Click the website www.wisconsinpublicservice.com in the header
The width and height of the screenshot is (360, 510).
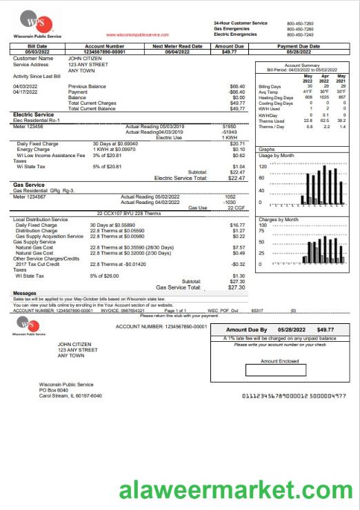tap(137, 34)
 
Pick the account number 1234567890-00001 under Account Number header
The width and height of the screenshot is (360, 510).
tap(104, 52)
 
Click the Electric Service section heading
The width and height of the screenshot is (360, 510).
tap(34, 114)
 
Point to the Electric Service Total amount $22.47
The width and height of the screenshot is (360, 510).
tap(237, 178)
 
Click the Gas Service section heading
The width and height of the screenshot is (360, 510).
tap(29, 185)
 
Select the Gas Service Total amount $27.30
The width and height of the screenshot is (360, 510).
tap(237, 287)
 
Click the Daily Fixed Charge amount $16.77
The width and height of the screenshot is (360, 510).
tap(237, 225)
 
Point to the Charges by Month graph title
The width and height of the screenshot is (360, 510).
tap(279, 219)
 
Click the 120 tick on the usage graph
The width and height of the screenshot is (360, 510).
tap(262, 167)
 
